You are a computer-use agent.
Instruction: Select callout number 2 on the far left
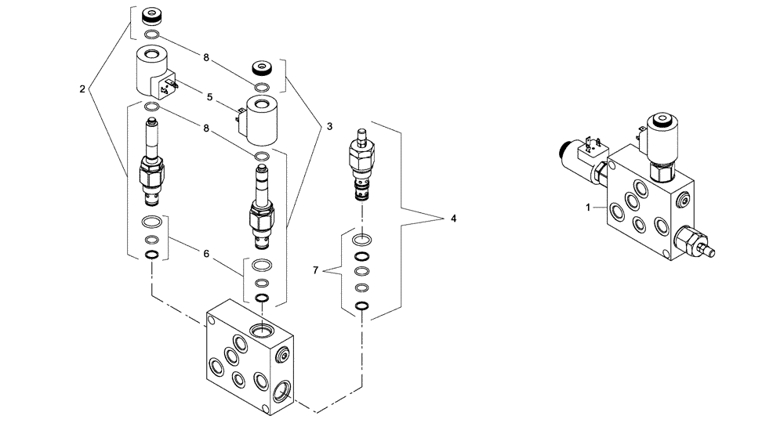(82, 88)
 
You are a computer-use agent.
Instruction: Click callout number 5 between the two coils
(209, 98)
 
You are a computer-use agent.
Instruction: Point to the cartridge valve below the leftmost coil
(152, 164)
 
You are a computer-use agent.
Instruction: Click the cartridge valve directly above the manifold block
(263, 204)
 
